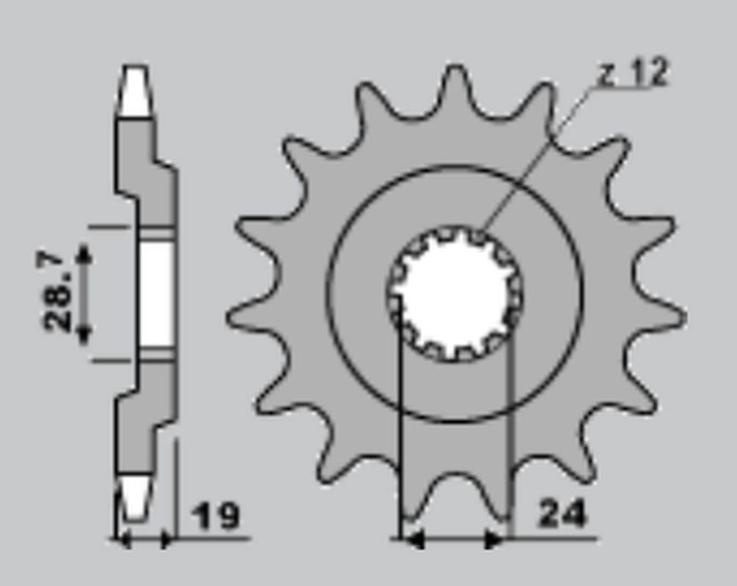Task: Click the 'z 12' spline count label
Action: tap(632, 73)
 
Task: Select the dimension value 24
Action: tap(562, 515)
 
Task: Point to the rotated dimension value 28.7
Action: tap(58, 292)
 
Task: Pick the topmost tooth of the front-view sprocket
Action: tap(455, 84)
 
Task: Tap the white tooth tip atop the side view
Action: tap(135, 92)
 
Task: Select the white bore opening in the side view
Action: tap(156, 294)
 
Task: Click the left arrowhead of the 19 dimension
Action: tap(123, 541)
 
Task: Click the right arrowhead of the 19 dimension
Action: tap(167, 541)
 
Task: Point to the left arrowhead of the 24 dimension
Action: tap(414, 541)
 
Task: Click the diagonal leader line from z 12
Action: tap(535, 154)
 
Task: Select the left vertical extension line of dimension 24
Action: tap(400, 439)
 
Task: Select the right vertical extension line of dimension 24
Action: tap(510, 439)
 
